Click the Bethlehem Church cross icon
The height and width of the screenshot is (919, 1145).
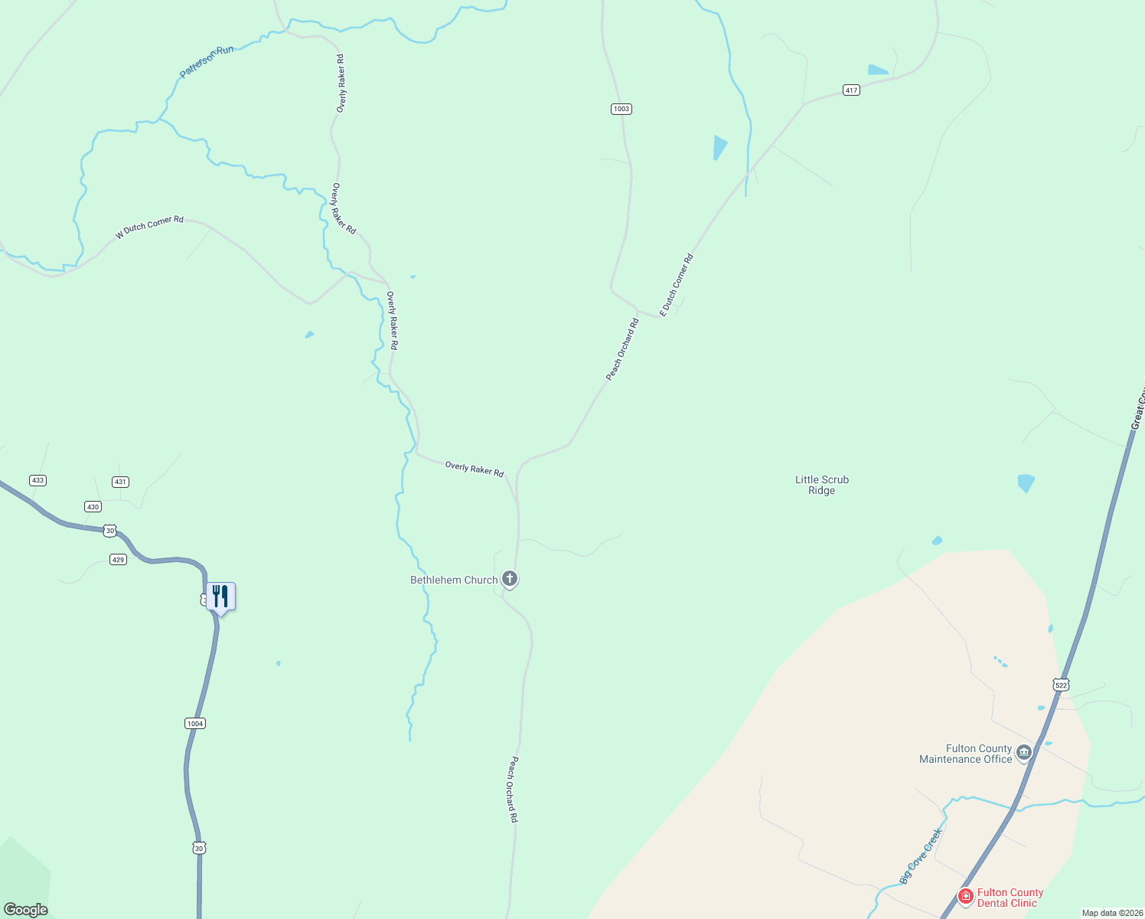click(510, 579)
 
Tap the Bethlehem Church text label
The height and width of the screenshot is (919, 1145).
click(454, 580)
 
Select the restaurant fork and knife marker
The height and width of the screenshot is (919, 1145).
click(220, 597)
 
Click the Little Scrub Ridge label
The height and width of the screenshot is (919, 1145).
click(821, 485)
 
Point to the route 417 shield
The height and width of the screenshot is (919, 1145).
click(851, 90)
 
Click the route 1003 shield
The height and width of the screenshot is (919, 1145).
click(621, 109)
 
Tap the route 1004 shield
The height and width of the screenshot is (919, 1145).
click(195, 723)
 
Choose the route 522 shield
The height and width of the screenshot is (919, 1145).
click(1060, 684)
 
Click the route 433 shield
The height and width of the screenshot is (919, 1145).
click(38, 480)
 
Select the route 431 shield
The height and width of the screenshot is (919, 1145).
click(120, 482)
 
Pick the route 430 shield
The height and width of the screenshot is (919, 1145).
click(93, 506)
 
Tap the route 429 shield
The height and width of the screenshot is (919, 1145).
click(118, 559)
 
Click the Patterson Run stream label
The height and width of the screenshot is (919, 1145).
click(206, 61)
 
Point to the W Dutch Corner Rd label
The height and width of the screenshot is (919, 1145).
click(149, 227)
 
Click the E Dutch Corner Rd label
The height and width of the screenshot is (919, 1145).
click(677, 285)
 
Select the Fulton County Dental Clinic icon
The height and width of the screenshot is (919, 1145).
click(966, 895)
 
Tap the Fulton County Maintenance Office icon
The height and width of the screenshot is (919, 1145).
click(1024, 753)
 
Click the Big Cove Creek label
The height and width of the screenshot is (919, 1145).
click(921, 856)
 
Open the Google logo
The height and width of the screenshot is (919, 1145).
click(26, 909)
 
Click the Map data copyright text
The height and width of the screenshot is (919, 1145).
click(1111, 913)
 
